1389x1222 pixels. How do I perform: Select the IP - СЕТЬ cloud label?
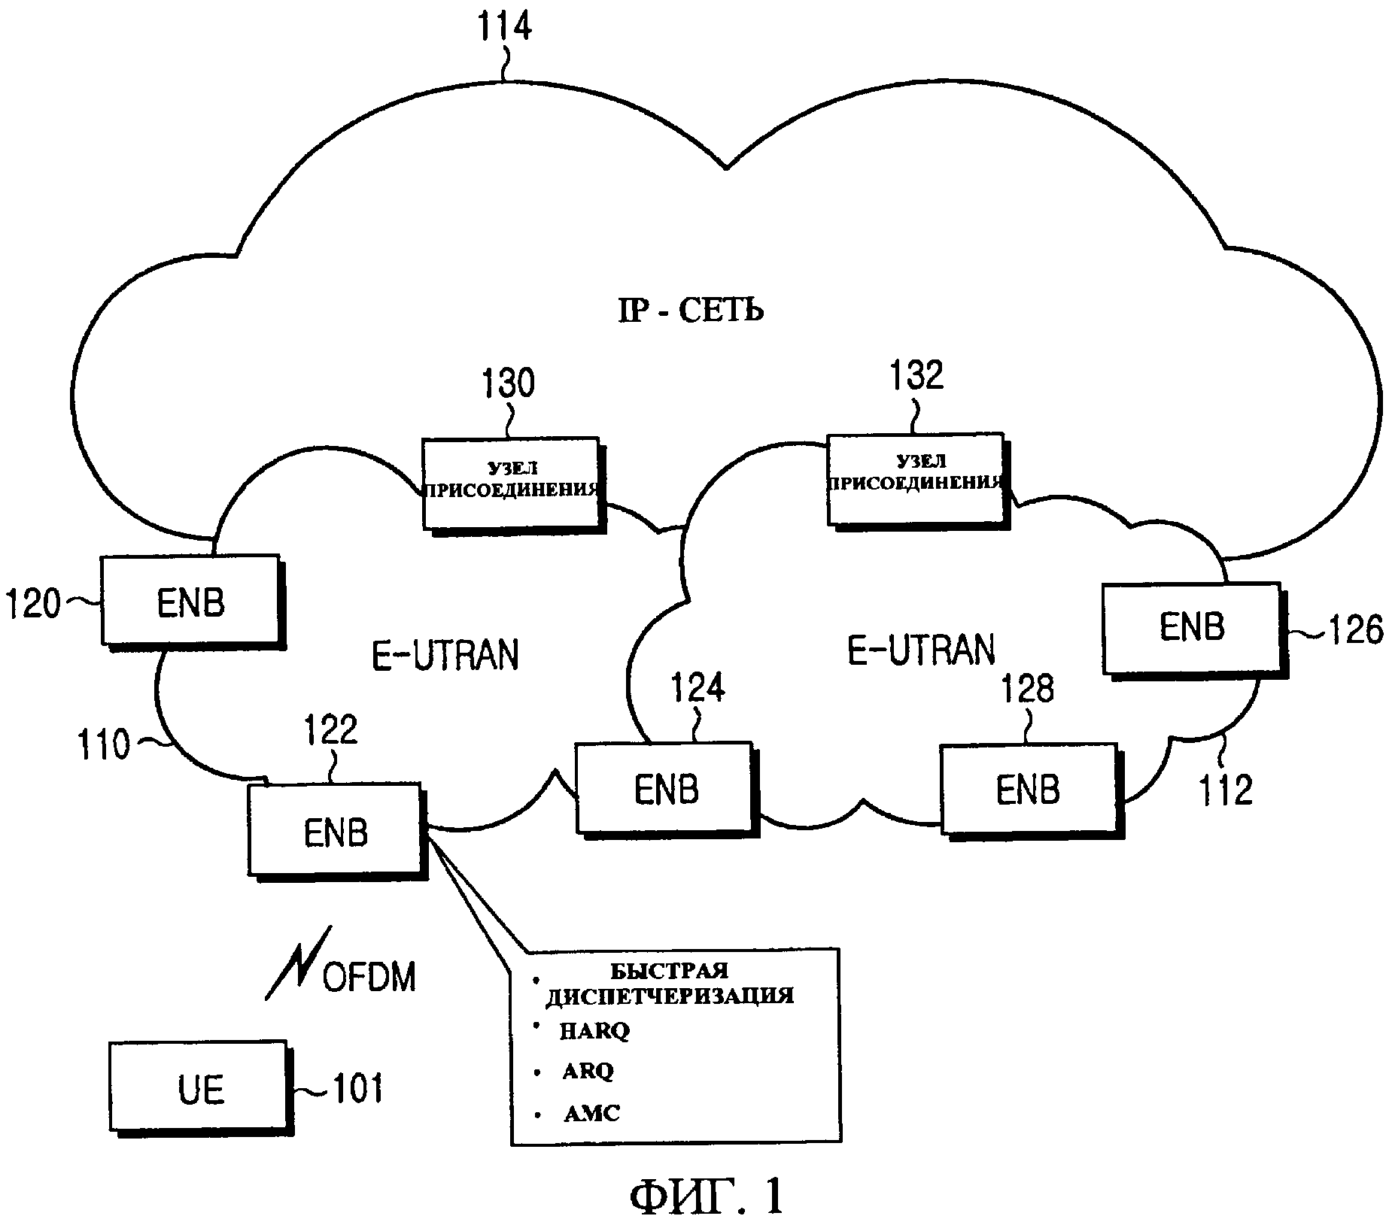690,311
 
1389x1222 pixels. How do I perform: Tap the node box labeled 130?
512,483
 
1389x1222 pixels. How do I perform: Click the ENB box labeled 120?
191,601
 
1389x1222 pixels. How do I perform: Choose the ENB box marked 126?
1192,627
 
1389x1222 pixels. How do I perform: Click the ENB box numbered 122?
336,831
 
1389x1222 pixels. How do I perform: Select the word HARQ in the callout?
594,1031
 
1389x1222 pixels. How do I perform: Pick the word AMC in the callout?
591,1113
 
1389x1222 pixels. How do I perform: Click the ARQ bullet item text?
588,1071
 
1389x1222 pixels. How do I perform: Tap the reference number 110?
105,745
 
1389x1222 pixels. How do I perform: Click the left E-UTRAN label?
445,654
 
